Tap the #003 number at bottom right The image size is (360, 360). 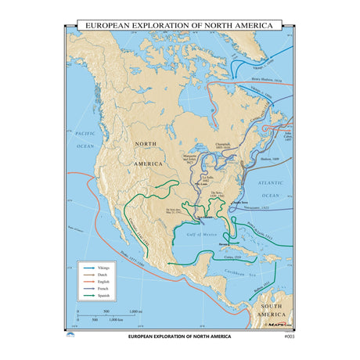(288, 337)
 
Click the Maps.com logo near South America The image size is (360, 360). (279, 323)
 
